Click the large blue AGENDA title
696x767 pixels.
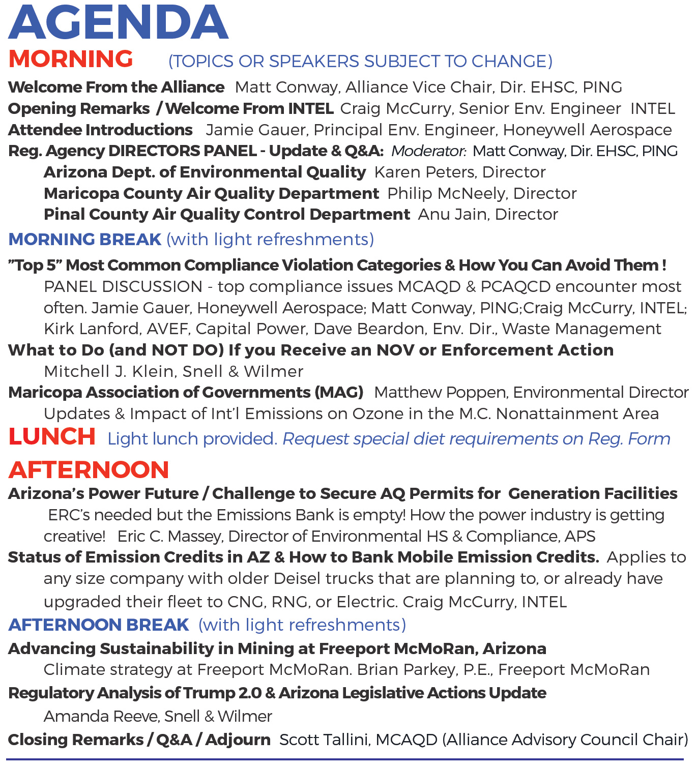click(x=118, y=23)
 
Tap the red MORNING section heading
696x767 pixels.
click(x=71, y=59)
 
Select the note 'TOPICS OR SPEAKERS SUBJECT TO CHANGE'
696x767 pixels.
click(x=360, y=62)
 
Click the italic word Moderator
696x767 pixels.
click(x=428, y=151)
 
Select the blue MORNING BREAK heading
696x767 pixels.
click(x=85, y=239)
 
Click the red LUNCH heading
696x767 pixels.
click(x=52, y=437)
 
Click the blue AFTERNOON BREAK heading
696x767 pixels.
click(x=99, y=625)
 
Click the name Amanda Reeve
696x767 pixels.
click(x=102, y=717)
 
